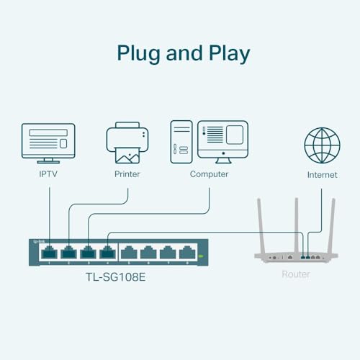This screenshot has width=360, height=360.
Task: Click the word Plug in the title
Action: pyautogui.click(x=137, y=53)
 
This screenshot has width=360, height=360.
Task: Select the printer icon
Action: pyautogui.click(x=127, y=143)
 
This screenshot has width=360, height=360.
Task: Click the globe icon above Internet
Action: pyautogui.click(x=322, y=145)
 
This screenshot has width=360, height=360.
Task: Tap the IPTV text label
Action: pyautogui.click(x=49, y=174)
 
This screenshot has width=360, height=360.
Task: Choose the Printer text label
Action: pyautogui.click(x=127, y=174)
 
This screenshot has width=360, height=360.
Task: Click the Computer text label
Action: pyautogui.click(x=209, y=174)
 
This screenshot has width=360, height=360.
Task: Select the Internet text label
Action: pyautogui.click(x=322, y=175)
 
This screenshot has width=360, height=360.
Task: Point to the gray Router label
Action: pyautogui.click(x=296, y=274)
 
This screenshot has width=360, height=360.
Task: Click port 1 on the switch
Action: pyautogui.click(x=48, y=253)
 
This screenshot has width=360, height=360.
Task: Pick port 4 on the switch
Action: pyautogui.click(x=107, y=253)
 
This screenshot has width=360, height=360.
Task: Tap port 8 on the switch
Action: pyautogui.click(x=187, y=253)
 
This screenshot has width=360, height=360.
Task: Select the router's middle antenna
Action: pyautogui.click(x=295, y=223)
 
